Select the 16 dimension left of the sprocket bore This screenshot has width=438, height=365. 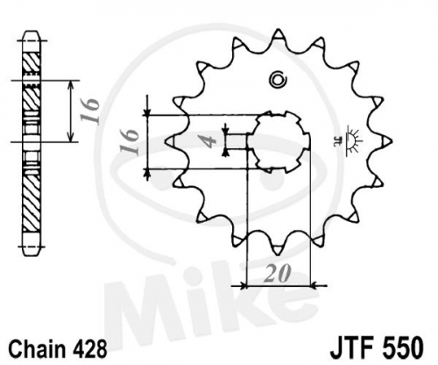(x=129, y=141)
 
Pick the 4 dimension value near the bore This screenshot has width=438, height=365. (x=209, y=142)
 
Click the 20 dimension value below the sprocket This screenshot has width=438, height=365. (x=277, y=274)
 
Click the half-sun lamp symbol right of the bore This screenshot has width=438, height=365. (x=352, y=140)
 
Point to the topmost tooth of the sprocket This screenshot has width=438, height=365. (x=279, y=36)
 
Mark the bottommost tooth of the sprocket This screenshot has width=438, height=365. (x=278, y=247)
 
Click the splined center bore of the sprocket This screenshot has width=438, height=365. (x=279, y=142)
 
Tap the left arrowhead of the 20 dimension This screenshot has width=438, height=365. (x=244, y=286)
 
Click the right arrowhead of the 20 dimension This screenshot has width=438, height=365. (x=314, y=285)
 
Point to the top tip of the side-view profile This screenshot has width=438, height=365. (x=31, y=31)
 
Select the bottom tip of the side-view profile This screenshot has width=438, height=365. (x=31, y=256)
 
